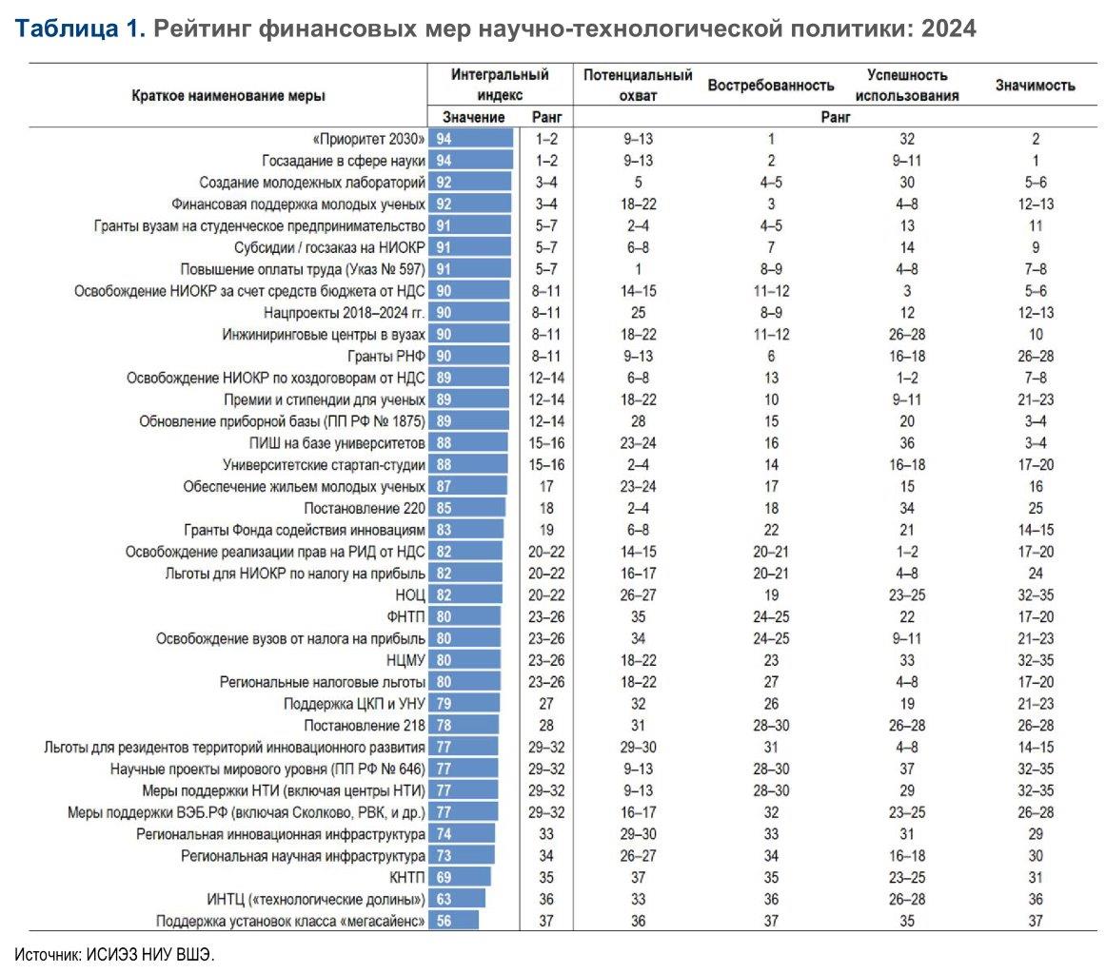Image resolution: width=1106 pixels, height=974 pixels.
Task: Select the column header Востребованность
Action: (x=771, y=86)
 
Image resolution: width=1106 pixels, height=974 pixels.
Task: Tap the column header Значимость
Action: (x=1035, y=86)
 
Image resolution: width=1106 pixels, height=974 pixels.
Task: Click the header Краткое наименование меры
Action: (x=228, y=96)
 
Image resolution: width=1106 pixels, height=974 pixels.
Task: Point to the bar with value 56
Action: (x=454, y=921)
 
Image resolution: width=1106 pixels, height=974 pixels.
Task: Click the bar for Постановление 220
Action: (x=467, y=508)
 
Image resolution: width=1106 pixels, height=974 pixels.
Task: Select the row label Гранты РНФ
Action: (x=386, y=356)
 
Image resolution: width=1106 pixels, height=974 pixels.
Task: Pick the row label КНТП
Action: (x=407, y=877)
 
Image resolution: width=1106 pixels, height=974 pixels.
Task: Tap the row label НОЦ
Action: (x=410, y=594)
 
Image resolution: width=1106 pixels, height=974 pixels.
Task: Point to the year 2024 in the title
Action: (x=949, y=29)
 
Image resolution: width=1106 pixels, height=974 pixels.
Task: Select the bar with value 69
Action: (x=460, y=877)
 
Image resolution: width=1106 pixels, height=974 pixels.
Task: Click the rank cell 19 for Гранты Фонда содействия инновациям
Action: (x=546, y=530)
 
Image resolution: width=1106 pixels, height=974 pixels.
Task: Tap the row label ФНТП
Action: (x=405, y=616)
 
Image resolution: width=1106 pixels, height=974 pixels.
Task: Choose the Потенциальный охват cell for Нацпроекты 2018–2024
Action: (x=639, y=313)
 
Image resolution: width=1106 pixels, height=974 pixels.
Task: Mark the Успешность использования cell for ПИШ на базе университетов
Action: (x=907, y=443)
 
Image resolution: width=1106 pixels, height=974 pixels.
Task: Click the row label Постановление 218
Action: (x=365, y=725)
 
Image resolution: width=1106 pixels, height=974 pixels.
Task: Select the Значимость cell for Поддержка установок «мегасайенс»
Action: (x=1036, y=921)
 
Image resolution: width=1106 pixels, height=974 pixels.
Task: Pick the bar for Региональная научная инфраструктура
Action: (x=462, y=856)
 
